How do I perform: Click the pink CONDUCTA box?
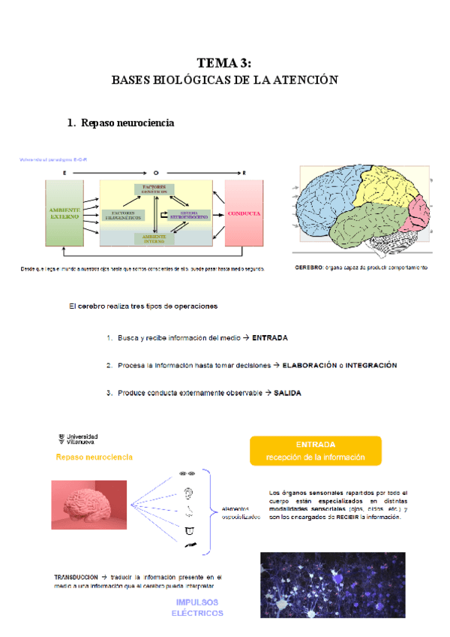[x=244, y=213]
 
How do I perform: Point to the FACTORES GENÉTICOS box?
[x=154, y=189]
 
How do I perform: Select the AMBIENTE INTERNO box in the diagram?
[x=154, y=238]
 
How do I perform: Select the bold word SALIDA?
[x=288, y=393]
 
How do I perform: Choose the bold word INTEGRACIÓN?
[x=371, y=365]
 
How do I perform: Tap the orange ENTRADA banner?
[x=315, y=451]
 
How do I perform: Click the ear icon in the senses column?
[x=187, y=494]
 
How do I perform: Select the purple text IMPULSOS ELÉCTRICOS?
[x=197, y=608]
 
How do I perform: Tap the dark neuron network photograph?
[x=332, y=584]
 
